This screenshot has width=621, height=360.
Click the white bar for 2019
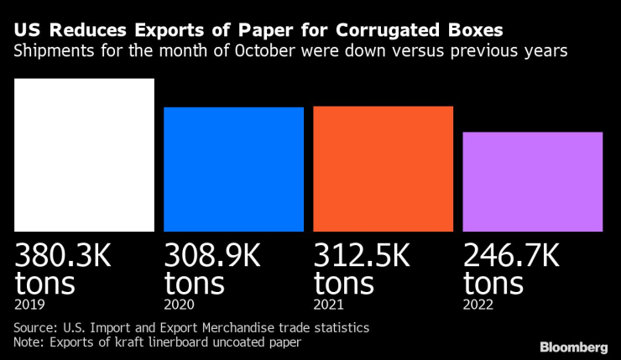85,155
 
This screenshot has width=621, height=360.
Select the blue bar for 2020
233,169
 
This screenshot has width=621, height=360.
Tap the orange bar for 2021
383,169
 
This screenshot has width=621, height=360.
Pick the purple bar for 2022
532,181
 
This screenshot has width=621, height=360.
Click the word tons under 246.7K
493,282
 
